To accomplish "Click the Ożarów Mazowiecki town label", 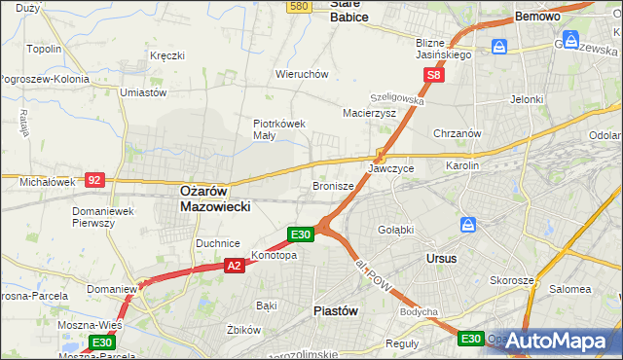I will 216,199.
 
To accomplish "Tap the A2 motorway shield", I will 234,265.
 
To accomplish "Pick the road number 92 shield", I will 94,180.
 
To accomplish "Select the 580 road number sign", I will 299,6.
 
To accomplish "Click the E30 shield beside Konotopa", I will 300,234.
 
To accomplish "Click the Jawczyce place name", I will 391,168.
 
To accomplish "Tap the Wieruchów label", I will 302,73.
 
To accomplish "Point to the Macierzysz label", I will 369,113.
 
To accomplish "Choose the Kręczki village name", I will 166,55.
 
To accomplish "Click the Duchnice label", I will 218,243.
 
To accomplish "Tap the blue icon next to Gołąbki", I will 469,225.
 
